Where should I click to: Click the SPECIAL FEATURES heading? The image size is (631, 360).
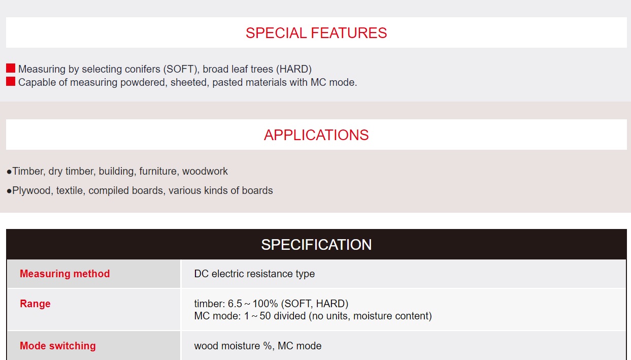pyautogui.click(x=316, y=33)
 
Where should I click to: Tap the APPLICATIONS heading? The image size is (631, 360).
pyautogui.click(x=316, y=135)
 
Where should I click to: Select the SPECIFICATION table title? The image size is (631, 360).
pyautogui.click(x=316, y=245)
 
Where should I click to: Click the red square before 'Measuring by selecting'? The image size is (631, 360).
pyautogui.click(x=11, y=68)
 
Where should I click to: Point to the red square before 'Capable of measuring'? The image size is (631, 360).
pyautogui.click(x=11, y=81)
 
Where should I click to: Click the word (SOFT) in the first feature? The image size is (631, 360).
pyautogui.click(x=181, y=69)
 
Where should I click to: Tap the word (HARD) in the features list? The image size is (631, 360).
pyautogui.click(x=293, y=69)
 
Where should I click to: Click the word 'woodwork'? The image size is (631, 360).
pyautogui.click(x=205, y=171)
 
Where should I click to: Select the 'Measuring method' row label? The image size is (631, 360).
pyautogui.click(x=65, y=274)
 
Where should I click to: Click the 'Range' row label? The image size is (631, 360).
pyautogui.click(x=35, y=304)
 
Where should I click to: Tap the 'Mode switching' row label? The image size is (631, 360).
pyautogui.click(x=58, y=346)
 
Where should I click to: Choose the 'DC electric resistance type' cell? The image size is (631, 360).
pyautogui.click(x=254, y=274)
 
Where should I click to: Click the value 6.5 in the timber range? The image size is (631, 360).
pyautogui.click(x=235, y=304)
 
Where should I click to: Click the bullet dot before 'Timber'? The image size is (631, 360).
pyautogui.click(x=9, y=172)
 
